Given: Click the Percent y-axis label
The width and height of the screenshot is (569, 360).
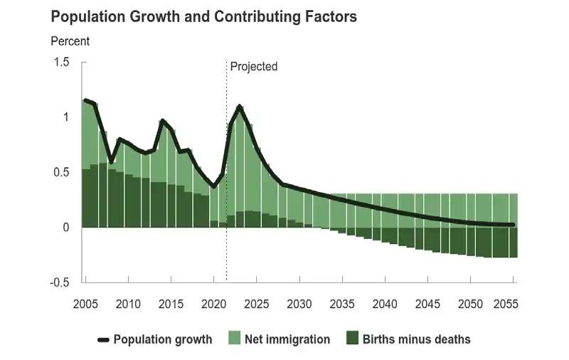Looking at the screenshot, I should [x=70, y=41].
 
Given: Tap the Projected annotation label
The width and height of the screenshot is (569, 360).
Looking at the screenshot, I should [x=253, y=66].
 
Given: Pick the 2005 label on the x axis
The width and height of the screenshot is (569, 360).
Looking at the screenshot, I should [x=85, y=305].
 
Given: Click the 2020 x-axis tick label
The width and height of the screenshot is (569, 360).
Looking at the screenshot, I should [x=214, y=305].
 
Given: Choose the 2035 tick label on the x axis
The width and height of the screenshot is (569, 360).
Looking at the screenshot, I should [x=342, y=305].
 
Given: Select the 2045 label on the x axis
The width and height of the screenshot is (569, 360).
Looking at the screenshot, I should [x=427, y=305].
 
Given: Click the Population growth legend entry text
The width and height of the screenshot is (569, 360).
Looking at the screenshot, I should [x=163, y=339].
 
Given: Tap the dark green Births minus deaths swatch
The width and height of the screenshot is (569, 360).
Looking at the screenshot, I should [x=351, y=339].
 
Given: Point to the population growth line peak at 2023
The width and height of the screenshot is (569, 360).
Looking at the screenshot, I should [x=240, y=107].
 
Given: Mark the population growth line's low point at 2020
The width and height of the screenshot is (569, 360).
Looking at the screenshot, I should [x=214, y=187].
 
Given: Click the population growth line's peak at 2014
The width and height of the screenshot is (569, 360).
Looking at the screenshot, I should [x=162, y=121].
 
